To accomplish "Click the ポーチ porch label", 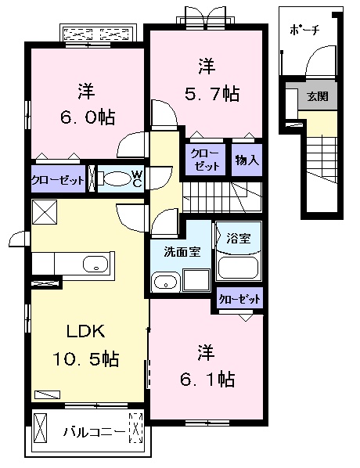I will pos(304,31).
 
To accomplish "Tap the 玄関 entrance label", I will pos(318,97).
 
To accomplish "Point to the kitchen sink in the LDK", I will pos(95,263).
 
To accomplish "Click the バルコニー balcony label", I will pos(90,430).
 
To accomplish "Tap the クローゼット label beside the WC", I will pos(57,179).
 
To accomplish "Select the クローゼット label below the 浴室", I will pos(238,298).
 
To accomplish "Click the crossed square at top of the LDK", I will pos(45,211).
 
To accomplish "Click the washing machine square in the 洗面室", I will pos(195,281).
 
